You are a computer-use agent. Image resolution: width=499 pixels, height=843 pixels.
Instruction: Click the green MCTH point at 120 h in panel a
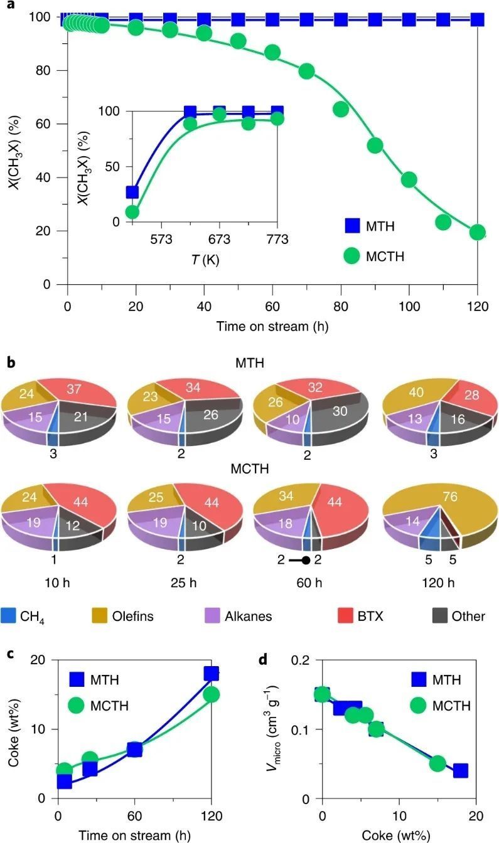tap(478, 232)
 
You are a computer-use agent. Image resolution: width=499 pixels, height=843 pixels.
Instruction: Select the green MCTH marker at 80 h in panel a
tap(341, 109)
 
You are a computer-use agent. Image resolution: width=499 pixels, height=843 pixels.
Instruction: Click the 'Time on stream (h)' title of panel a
tap(272, 326)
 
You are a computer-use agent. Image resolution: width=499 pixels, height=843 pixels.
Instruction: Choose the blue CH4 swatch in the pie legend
tap(8, 615)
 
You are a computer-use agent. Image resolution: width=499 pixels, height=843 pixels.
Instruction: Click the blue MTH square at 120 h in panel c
tap(212, 674)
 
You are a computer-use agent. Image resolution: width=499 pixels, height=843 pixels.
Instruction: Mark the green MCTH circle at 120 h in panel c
tap(212, 694)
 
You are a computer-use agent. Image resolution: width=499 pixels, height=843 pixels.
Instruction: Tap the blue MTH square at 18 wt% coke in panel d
tap(461, 770)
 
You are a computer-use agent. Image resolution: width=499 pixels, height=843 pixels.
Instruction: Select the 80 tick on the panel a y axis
tap(45, 70)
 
